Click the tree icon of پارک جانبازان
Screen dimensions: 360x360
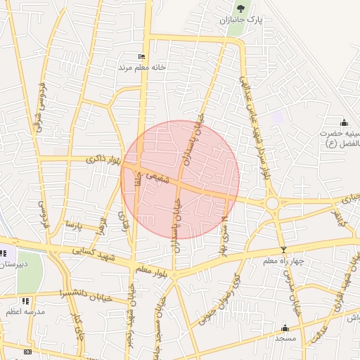[241, 8]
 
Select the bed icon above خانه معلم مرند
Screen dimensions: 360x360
[141, 57]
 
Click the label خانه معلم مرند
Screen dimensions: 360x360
[141, 67]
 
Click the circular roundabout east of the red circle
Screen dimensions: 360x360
[272, 204]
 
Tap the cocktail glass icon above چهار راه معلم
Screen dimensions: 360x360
[283, 250]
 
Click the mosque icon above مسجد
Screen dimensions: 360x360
[285, 328]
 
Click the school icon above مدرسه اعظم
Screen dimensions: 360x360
[26, 301]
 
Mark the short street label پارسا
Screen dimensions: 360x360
[74, 226]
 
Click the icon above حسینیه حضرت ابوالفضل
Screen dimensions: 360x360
[344, 122]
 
